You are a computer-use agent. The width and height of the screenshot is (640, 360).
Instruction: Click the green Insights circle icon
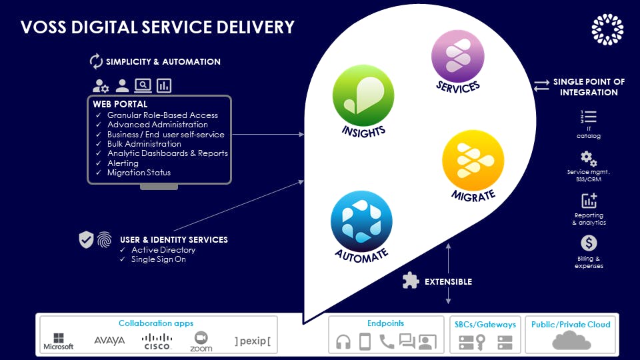(363, 95)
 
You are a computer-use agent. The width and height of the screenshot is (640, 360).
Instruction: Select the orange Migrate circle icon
(473, 160)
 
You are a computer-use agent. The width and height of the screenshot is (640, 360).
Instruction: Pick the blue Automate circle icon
(361, 221)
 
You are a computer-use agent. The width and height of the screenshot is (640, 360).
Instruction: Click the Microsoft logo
(59, 341)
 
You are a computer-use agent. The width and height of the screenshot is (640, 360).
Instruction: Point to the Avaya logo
(109, 341)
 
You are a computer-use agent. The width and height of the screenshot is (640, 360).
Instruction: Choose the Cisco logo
(157, 341)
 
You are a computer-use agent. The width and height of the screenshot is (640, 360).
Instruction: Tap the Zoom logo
(201, 340)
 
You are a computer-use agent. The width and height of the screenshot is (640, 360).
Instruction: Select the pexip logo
(253, 342)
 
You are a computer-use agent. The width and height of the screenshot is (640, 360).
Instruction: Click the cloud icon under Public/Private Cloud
(571, 341)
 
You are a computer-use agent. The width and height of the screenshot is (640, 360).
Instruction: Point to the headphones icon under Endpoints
(343, 342)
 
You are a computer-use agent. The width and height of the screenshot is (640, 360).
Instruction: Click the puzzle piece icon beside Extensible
(411, 281)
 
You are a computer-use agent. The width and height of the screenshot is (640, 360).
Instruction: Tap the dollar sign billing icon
(589, 243)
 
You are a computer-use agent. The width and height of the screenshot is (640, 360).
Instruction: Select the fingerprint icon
(105, 240)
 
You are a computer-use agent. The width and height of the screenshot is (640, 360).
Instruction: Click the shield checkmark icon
(87, 240)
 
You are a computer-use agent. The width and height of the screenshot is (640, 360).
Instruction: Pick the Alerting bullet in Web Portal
(123, 163)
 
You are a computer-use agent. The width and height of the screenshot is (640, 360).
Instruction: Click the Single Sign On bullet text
(159, 259)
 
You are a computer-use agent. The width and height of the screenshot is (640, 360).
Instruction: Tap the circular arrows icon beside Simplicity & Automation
(96, 61)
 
